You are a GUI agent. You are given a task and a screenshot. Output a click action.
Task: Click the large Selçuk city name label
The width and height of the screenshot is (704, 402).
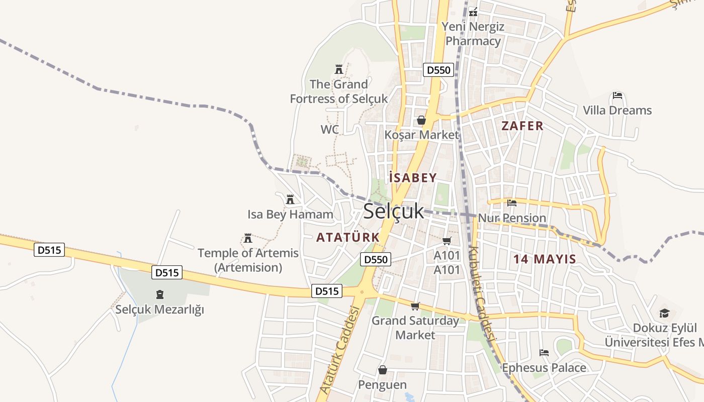coord(394,212)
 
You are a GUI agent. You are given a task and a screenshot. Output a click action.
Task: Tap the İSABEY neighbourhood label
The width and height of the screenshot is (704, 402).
coord(413,177)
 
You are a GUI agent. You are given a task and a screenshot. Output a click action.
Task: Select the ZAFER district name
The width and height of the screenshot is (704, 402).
coord(522,126)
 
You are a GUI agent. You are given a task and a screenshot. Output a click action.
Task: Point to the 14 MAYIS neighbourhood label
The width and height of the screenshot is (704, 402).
coord(545,259)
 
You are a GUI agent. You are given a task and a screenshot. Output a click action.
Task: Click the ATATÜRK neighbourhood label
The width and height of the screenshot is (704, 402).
coord(348,237)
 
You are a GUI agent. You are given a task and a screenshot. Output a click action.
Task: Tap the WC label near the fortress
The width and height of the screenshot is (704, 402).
coord(330,130)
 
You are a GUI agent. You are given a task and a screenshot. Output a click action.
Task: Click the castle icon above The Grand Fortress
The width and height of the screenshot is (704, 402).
coord(338,69)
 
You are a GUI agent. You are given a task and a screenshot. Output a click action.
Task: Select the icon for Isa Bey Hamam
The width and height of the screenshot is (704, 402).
coord(290,199)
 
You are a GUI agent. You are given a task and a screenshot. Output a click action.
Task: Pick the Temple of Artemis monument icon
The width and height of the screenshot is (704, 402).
coord(247,238)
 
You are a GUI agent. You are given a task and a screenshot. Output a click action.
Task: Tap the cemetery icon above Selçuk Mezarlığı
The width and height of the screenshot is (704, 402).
coord(160,294)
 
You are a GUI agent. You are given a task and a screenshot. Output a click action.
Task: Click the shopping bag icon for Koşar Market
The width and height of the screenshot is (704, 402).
coord(421,120)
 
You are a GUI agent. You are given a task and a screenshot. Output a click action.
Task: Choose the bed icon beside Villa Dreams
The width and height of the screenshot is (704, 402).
coord(618,95)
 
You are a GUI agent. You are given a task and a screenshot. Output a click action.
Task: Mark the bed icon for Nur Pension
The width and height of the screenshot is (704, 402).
coord(512,203)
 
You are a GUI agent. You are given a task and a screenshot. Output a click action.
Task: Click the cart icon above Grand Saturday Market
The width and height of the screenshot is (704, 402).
coord(415,306)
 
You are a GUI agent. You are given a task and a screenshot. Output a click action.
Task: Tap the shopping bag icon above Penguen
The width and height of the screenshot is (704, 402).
coord(383,370)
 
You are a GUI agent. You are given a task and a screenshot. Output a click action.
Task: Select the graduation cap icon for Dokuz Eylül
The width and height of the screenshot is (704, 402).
coord(664,313)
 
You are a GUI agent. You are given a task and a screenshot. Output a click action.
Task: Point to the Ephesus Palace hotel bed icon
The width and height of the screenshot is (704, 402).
coord(544,353)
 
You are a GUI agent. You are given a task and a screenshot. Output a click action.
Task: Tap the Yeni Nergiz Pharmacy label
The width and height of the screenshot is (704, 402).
coord(473,34)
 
